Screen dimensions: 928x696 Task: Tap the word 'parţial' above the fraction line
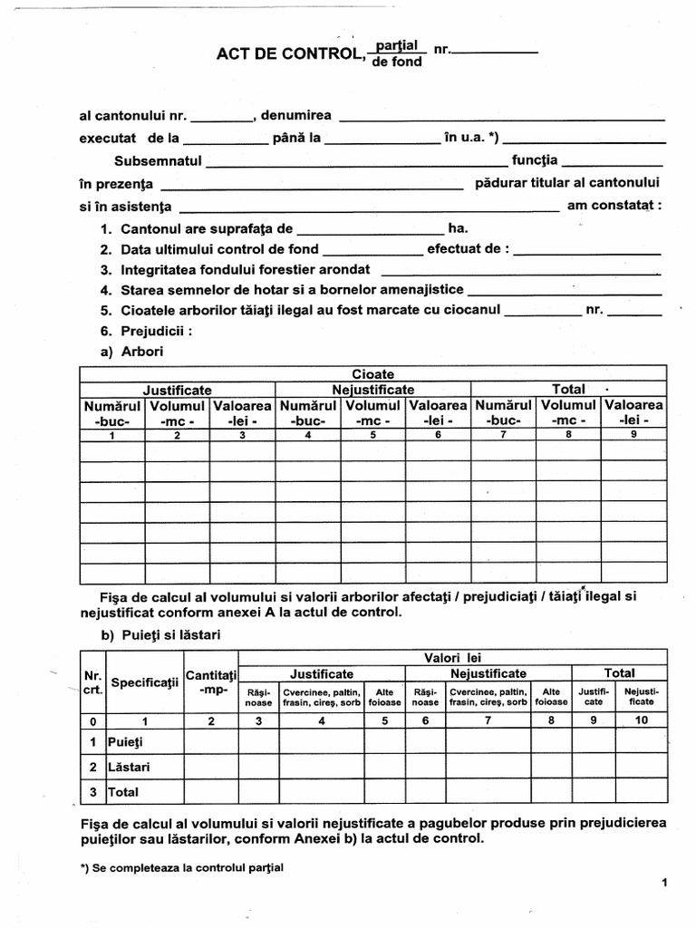click(397, 44)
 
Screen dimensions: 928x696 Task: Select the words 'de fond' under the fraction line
click(397, 63)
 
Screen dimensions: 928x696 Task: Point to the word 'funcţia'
click(536, 160)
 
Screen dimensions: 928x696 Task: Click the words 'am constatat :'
click(614, 206)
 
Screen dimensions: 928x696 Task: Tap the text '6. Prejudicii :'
click(147, 331)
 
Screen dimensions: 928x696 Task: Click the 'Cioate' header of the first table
click(372, 373)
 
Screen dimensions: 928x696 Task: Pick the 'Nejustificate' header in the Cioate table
click(372, 390)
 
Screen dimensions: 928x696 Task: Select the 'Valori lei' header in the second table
click(453, 656)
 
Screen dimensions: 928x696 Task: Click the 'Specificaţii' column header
click(144, 682)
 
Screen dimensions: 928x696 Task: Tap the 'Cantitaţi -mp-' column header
click(210, 682)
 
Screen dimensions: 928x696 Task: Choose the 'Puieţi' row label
click(126, 742)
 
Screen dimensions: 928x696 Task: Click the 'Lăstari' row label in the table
click(129, 767)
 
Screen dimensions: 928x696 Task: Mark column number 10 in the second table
click(642, 720)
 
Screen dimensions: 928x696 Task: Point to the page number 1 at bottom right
click(664, 883)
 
